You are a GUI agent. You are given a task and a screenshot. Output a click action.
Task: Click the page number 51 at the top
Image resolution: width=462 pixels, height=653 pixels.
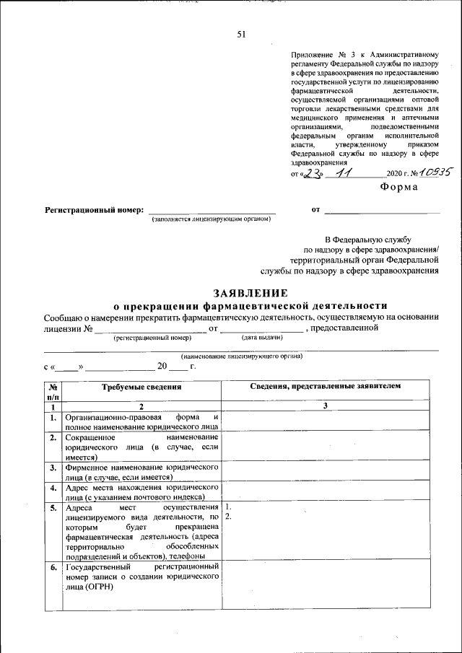241,34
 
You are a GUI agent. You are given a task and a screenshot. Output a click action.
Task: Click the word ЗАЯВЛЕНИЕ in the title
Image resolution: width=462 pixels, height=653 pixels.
250,293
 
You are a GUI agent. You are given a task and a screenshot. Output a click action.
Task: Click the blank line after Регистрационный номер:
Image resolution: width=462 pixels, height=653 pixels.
212,211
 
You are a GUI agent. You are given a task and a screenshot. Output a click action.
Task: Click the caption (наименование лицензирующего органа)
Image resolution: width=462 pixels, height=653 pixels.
242,356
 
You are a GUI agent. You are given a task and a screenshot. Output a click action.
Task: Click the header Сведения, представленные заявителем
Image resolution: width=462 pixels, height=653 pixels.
325,387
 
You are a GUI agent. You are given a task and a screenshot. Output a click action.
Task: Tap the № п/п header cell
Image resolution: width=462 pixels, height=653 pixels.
53,392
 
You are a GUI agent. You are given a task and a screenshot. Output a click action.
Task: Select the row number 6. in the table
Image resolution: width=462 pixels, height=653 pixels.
53,568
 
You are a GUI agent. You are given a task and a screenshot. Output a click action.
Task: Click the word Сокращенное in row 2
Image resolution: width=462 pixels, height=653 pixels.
90,438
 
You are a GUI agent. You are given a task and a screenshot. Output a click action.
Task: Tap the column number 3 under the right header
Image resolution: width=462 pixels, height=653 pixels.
325,407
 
